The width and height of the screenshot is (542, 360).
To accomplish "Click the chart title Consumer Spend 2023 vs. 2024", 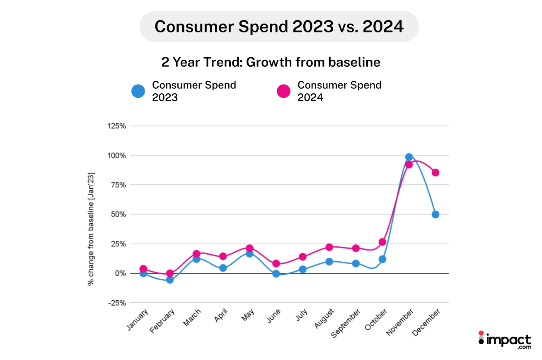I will coord(279,27).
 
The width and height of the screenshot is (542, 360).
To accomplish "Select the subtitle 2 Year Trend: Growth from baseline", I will coord(271,62).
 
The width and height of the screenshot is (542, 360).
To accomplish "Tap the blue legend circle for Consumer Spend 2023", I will coord(138,91).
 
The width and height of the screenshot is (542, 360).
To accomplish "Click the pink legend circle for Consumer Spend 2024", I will coord(283,91).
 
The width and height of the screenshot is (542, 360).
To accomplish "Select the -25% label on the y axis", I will coord(117,303).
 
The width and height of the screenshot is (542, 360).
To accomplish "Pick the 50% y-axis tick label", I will coord(118,214).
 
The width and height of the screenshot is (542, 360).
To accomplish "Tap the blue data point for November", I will coord(409,157).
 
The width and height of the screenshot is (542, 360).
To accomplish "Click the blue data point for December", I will coord(435,214).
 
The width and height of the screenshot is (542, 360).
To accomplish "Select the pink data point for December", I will coord(435,173).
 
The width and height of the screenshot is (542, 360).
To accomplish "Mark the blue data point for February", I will coord(169,280).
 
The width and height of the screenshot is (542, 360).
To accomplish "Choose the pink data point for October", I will coord(382,242).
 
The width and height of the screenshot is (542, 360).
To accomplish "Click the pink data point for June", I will coord(276,263).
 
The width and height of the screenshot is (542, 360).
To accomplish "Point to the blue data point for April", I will coord(223,268).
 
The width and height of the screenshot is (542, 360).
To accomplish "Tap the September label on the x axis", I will coord(346,324).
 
